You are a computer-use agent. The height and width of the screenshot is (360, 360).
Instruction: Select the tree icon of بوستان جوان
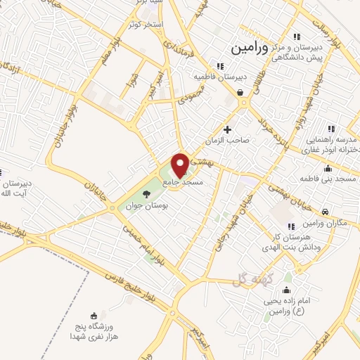coord(146,193)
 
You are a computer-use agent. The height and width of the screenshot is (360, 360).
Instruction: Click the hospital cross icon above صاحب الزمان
coord(227,129)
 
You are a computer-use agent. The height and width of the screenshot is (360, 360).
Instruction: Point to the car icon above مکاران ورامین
coord(325,212)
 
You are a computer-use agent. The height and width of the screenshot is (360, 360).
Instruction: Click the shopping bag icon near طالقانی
coord(240,92)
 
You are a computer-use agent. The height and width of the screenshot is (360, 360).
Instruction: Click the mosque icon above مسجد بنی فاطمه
coord(328,169)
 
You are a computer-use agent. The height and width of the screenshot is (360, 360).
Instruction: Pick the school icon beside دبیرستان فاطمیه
coord(221,66)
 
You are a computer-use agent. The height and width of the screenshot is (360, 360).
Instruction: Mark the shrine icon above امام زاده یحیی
coord(286,290)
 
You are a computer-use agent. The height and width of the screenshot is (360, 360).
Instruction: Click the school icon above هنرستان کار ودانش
coord(295,221)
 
